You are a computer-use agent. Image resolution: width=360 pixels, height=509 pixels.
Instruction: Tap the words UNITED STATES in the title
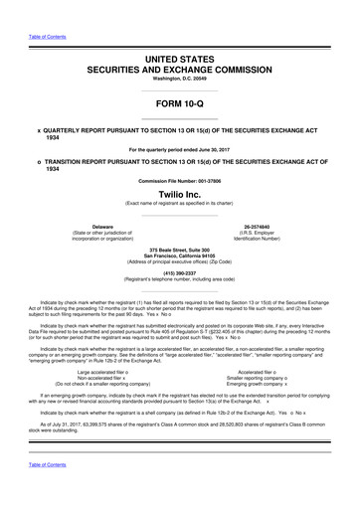(x=180, y=61)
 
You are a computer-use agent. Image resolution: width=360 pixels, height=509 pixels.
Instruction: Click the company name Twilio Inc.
(x=180, y=198)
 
